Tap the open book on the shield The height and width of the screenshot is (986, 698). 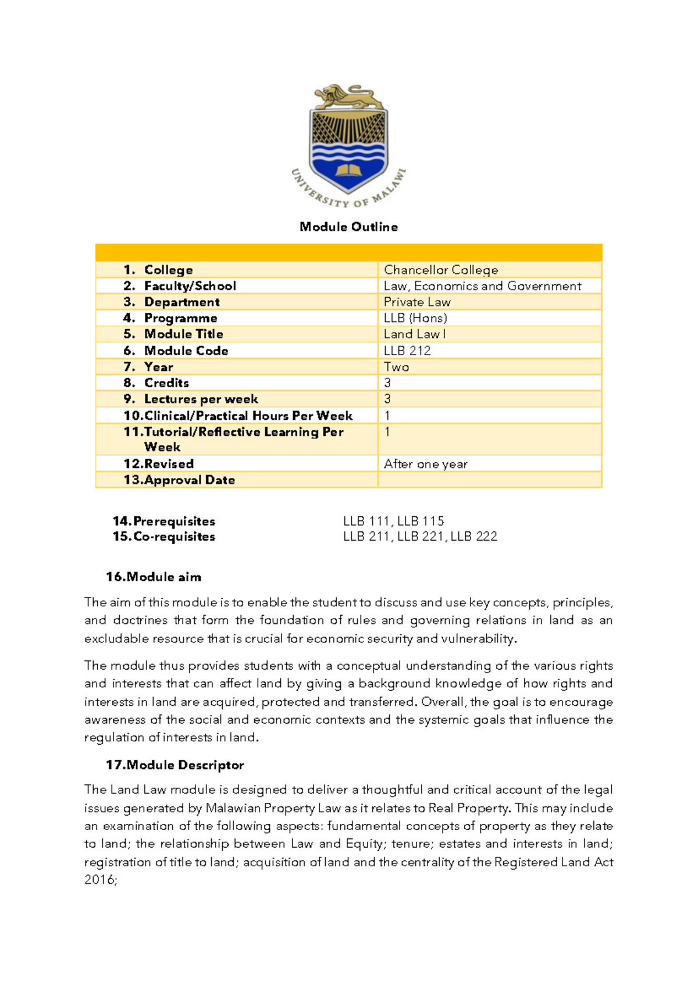click(x=349, y=170)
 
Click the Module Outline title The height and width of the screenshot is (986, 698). click(x=348, y=227)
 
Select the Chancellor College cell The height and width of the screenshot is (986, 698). click(x=441, y=270)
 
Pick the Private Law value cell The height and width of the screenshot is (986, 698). click(x=417, y=302)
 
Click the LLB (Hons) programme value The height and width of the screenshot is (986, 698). click(x=415, y=318)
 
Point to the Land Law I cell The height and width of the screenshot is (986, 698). click(x=415, y=334)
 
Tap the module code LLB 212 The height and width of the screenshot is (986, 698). click(x=407, y=351)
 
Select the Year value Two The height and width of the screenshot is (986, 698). click(x=396, y=367)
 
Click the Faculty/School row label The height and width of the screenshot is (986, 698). click(x=190, y=286)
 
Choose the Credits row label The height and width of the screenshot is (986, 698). click(x=166, y=383)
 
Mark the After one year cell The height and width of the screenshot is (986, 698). click(x=425, y=464)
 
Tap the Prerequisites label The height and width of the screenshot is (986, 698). click(x=164, y=521)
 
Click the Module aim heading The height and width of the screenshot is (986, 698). click(x=154, y=577)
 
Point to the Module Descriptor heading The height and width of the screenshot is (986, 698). click(x=174, y=765)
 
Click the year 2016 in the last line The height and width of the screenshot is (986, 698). click(x=99, y=880)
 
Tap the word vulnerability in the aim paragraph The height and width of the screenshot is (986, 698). click(x=478, y=639)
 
